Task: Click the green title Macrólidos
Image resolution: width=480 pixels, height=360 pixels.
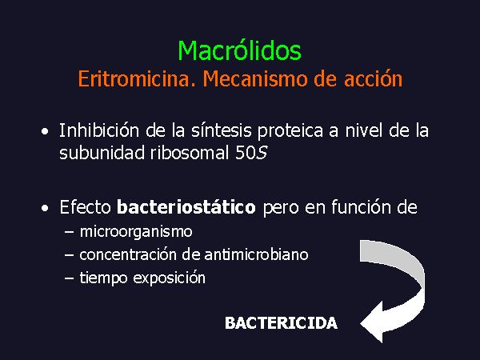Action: pyautogui.click(x=240, y=50)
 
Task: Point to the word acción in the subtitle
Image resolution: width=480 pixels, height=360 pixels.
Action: pyautogui.click(x=374, y=79)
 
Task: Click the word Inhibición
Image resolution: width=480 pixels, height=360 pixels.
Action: pyautogui.click(x=99, y=130)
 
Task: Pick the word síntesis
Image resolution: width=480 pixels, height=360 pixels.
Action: pyautogui.click(x=222, y=130)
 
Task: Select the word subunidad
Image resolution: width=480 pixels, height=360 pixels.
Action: pyautogui.click(x=102, y=152)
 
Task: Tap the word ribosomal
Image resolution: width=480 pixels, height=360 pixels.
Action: pyautogui.click(x=190, y=152)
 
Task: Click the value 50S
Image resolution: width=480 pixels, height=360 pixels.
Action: pyautogui.click(x=251, y=153)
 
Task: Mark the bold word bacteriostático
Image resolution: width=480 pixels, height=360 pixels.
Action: pyautogui.click(x=186, y=207)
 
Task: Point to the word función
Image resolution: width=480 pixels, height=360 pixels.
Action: pyautogui.click(x=362, y=207)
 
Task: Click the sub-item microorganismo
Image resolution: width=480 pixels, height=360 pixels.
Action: pyautogui.click(x=136, y=232)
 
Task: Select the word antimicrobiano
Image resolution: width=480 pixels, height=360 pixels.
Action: pyautogui.click(x=256, y=254)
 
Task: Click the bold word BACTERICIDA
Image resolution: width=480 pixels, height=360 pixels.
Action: pyautogui.click(x=281, y=323)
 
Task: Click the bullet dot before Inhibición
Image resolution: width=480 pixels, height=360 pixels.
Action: pyautogui.click(x=45, y=132)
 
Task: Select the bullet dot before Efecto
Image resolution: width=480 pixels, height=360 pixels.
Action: pyautogui.click(x=45, y=209)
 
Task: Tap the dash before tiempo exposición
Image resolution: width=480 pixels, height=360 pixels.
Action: pyautogui.click(x=69, y=278)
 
